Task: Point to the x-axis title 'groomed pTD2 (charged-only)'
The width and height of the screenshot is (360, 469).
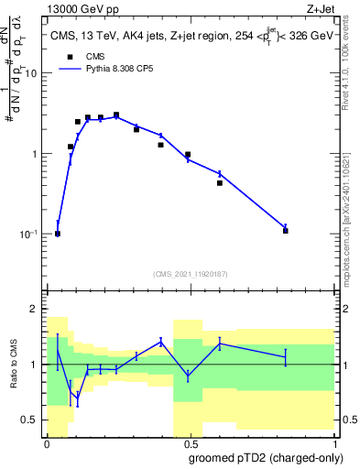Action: click(265, 458)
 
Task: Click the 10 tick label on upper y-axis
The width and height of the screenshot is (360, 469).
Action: click(32, 73)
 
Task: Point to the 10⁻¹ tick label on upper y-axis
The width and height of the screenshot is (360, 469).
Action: click(30, 234)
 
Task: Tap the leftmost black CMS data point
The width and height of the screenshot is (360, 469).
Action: click(58, 234)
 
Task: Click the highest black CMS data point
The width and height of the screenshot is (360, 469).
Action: click(116, 115)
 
